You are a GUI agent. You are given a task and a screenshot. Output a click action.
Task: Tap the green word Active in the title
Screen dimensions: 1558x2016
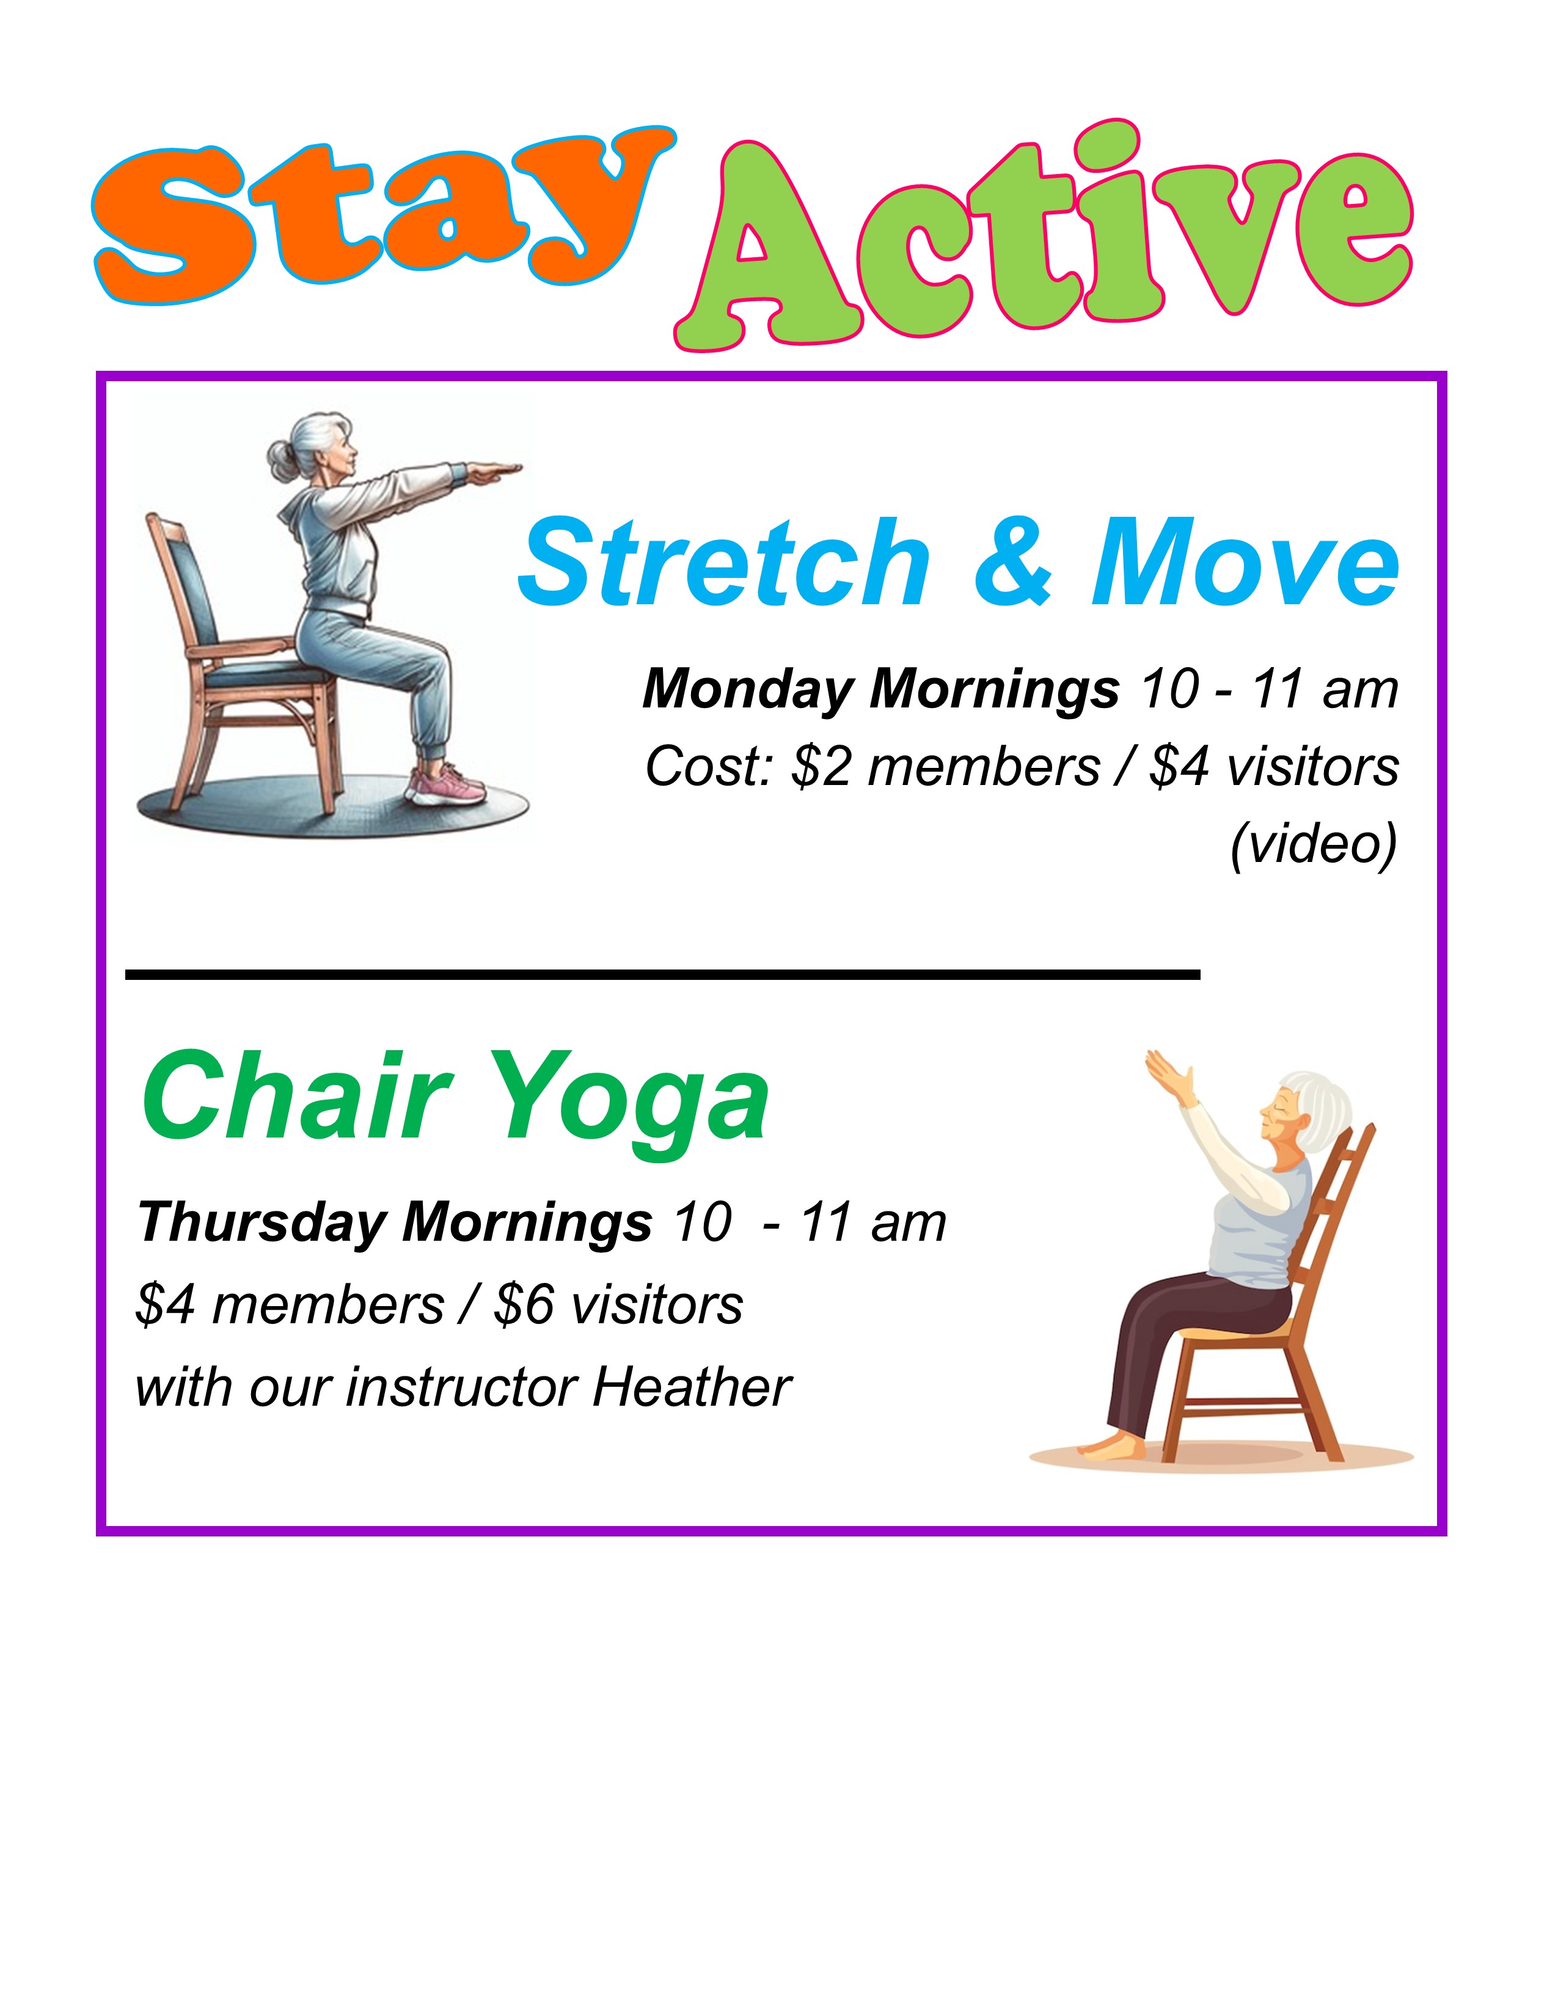(x=1043, y=235)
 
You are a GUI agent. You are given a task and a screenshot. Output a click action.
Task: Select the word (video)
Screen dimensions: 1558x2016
(x=1314, y=844)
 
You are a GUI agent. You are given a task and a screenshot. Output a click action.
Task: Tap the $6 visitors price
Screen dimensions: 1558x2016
(x=618, y=1306)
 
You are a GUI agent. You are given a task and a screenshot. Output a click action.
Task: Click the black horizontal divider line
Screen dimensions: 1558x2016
(x=663, y=974)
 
